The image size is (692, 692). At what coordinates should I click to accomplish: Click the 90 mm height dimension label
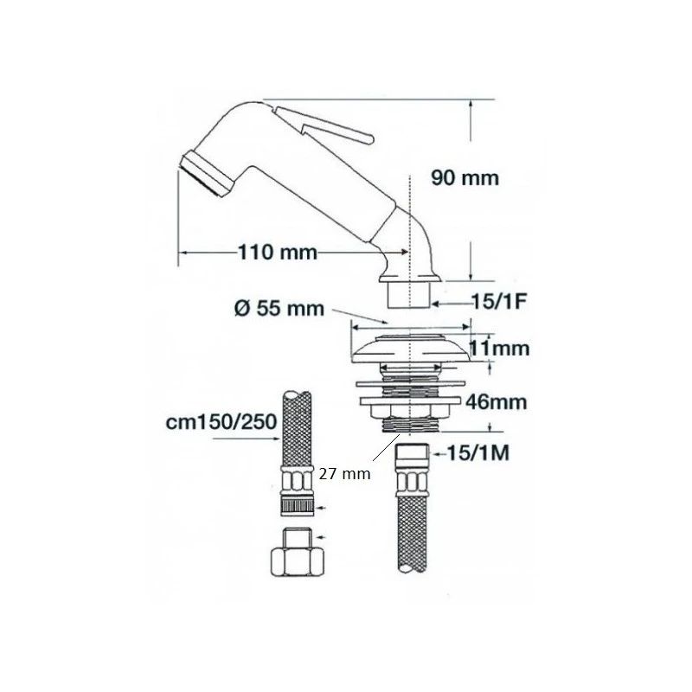pyautogui.click(x=465, y=178)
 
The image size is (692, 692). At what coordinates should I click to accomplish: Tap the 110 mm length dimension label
pyautogui.click(x=278, y=253)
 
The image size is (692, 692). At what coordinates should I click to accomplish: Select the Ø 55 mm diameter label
pyautogui.click(x=279, y=308)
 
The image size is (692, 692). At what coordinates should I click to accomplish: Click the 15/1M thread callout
pyautogui.click(x=478, y=452)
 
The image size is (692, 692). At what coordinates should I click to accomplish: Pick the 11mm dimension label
pyautogui.click(x=499, y=349)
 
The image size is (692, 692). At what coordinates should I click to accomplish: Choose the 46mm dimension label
pyautogui.click(x=497, y=402)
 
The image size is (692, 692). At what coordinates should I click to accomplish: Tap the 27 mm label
pyautogui.click(x=344, y=474)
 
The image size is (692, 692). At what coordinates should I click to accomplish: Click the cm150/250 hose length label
pyautogui.click(x=221, y=422)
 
